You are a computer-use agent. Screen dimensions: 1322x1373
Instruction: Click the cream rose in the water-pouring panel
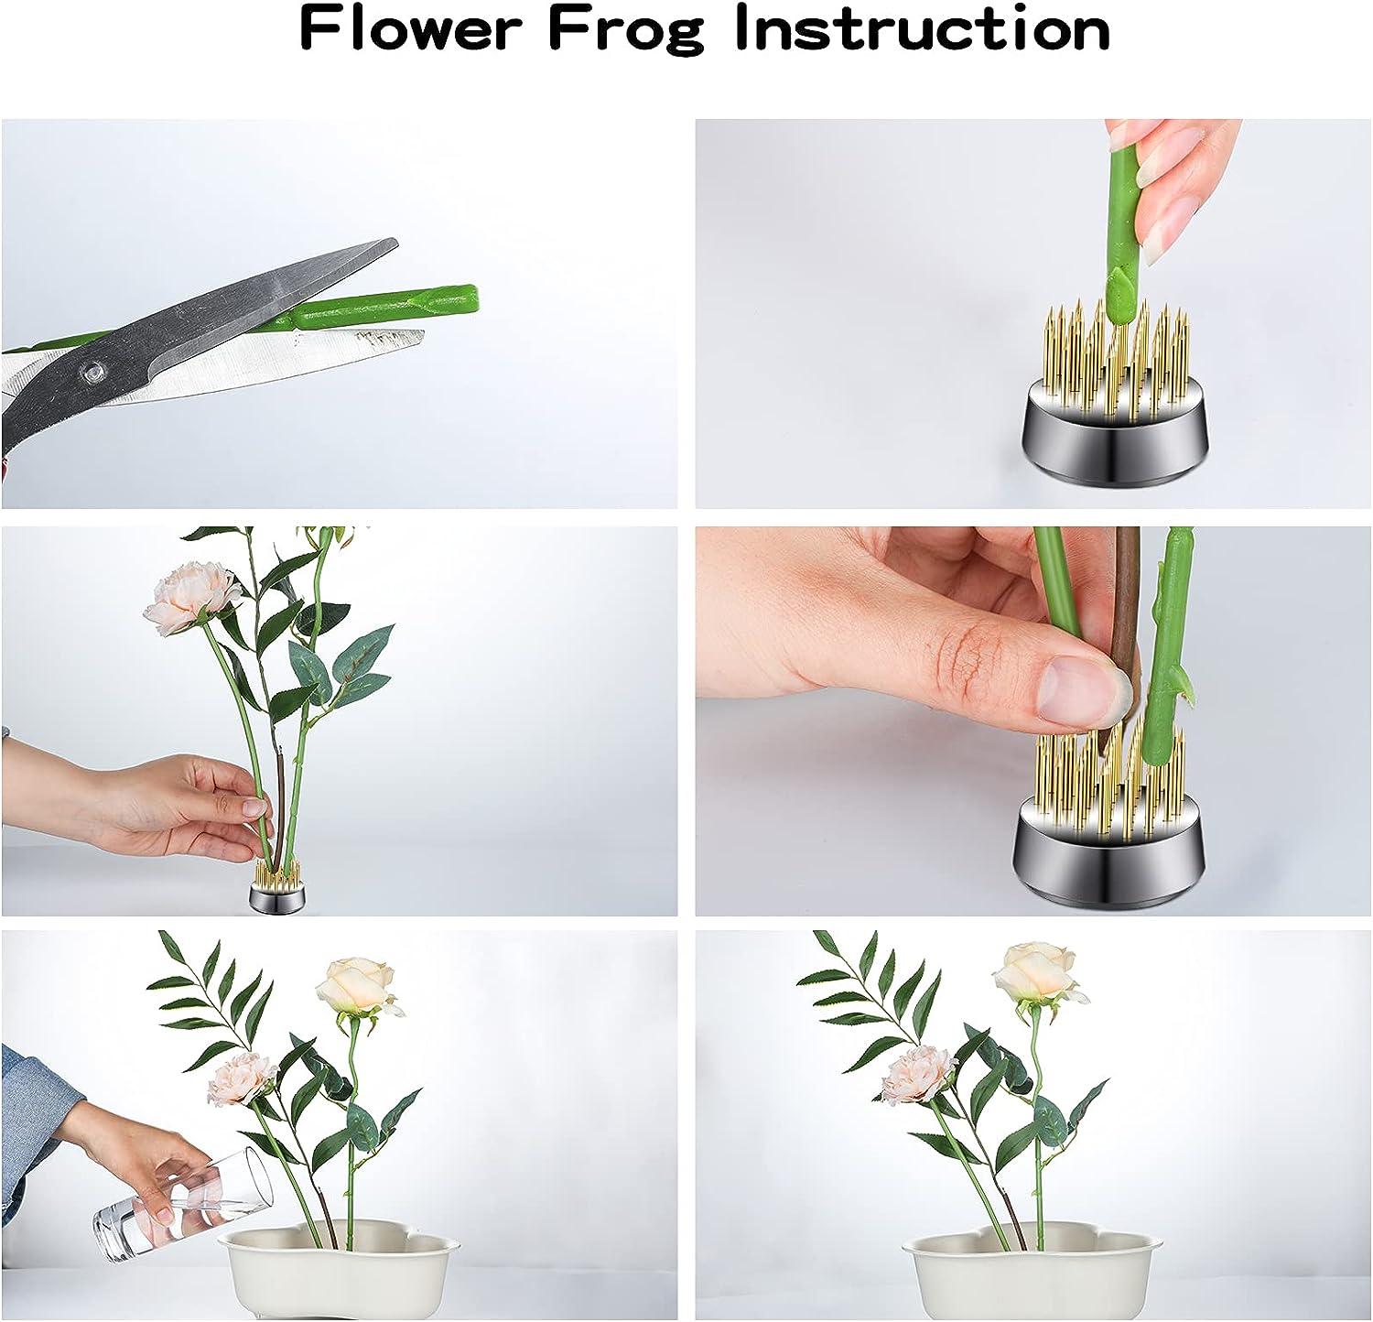pos(356,987)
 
